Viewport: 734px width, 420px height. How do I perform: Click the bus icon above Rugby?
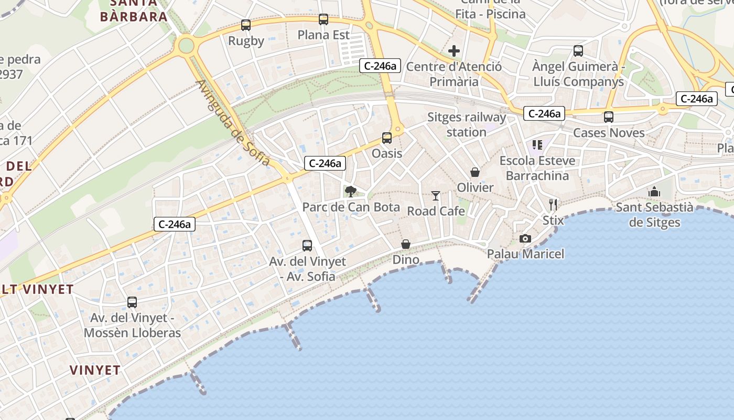[x=245, y=25]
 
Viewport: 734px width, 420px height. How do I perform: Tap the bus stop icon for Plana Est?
[x=323, y=19]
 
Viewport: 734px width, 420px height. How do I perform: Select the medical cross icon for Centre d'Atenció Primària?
[x=454, y=51]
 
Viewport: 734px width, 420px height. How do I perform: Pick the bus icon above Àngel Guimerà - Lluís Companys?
[x=578, y=51]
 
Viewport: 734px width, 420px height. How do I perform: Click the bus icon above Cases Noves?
[x=609, y=117]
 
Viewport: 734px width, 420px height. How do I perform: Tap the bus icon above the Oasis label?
[x=387, y=138]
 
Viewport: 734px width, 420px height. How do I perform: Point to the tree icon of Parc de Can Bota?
[x=350, y=191]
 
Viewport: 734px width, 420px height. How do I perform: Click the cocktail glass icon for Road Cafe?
[x=436, y=196]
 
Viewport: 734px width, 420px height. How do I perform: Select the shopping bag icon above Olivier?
[x=475, y=172]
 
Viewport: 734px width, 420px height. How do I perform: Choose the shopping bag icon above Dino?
[x=406, y=244]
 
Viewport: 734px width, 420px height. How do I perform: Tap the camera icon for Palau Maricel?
[x=525, y=239]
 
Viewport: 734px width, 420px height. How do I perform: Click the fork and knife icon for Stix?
[x=553, y=205]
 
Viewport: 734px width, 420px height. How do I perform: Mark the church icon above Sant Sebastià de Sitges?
[x=654, y=192]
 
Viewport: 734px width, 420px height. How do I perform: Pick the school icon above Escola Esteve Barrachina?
[x=537, y=144]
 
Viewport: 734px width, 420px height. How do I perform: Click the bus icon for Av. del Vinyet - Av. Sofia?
[x=307, y=245]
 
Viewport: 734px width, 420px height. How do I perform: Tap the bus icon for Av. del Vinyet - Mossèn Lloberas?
[x=132, y=302]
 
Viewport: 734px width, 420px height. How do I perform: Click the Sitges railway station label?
[x=467, y=124]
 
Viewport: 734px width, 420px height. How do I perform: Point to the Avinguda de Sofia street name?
[x=233, y=123]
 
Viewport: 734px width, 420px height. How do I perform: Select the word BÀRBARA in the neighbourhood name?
[x=134, y=16]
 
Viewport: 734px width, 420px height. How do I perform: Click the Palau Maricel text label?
[x=525, y=254]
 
